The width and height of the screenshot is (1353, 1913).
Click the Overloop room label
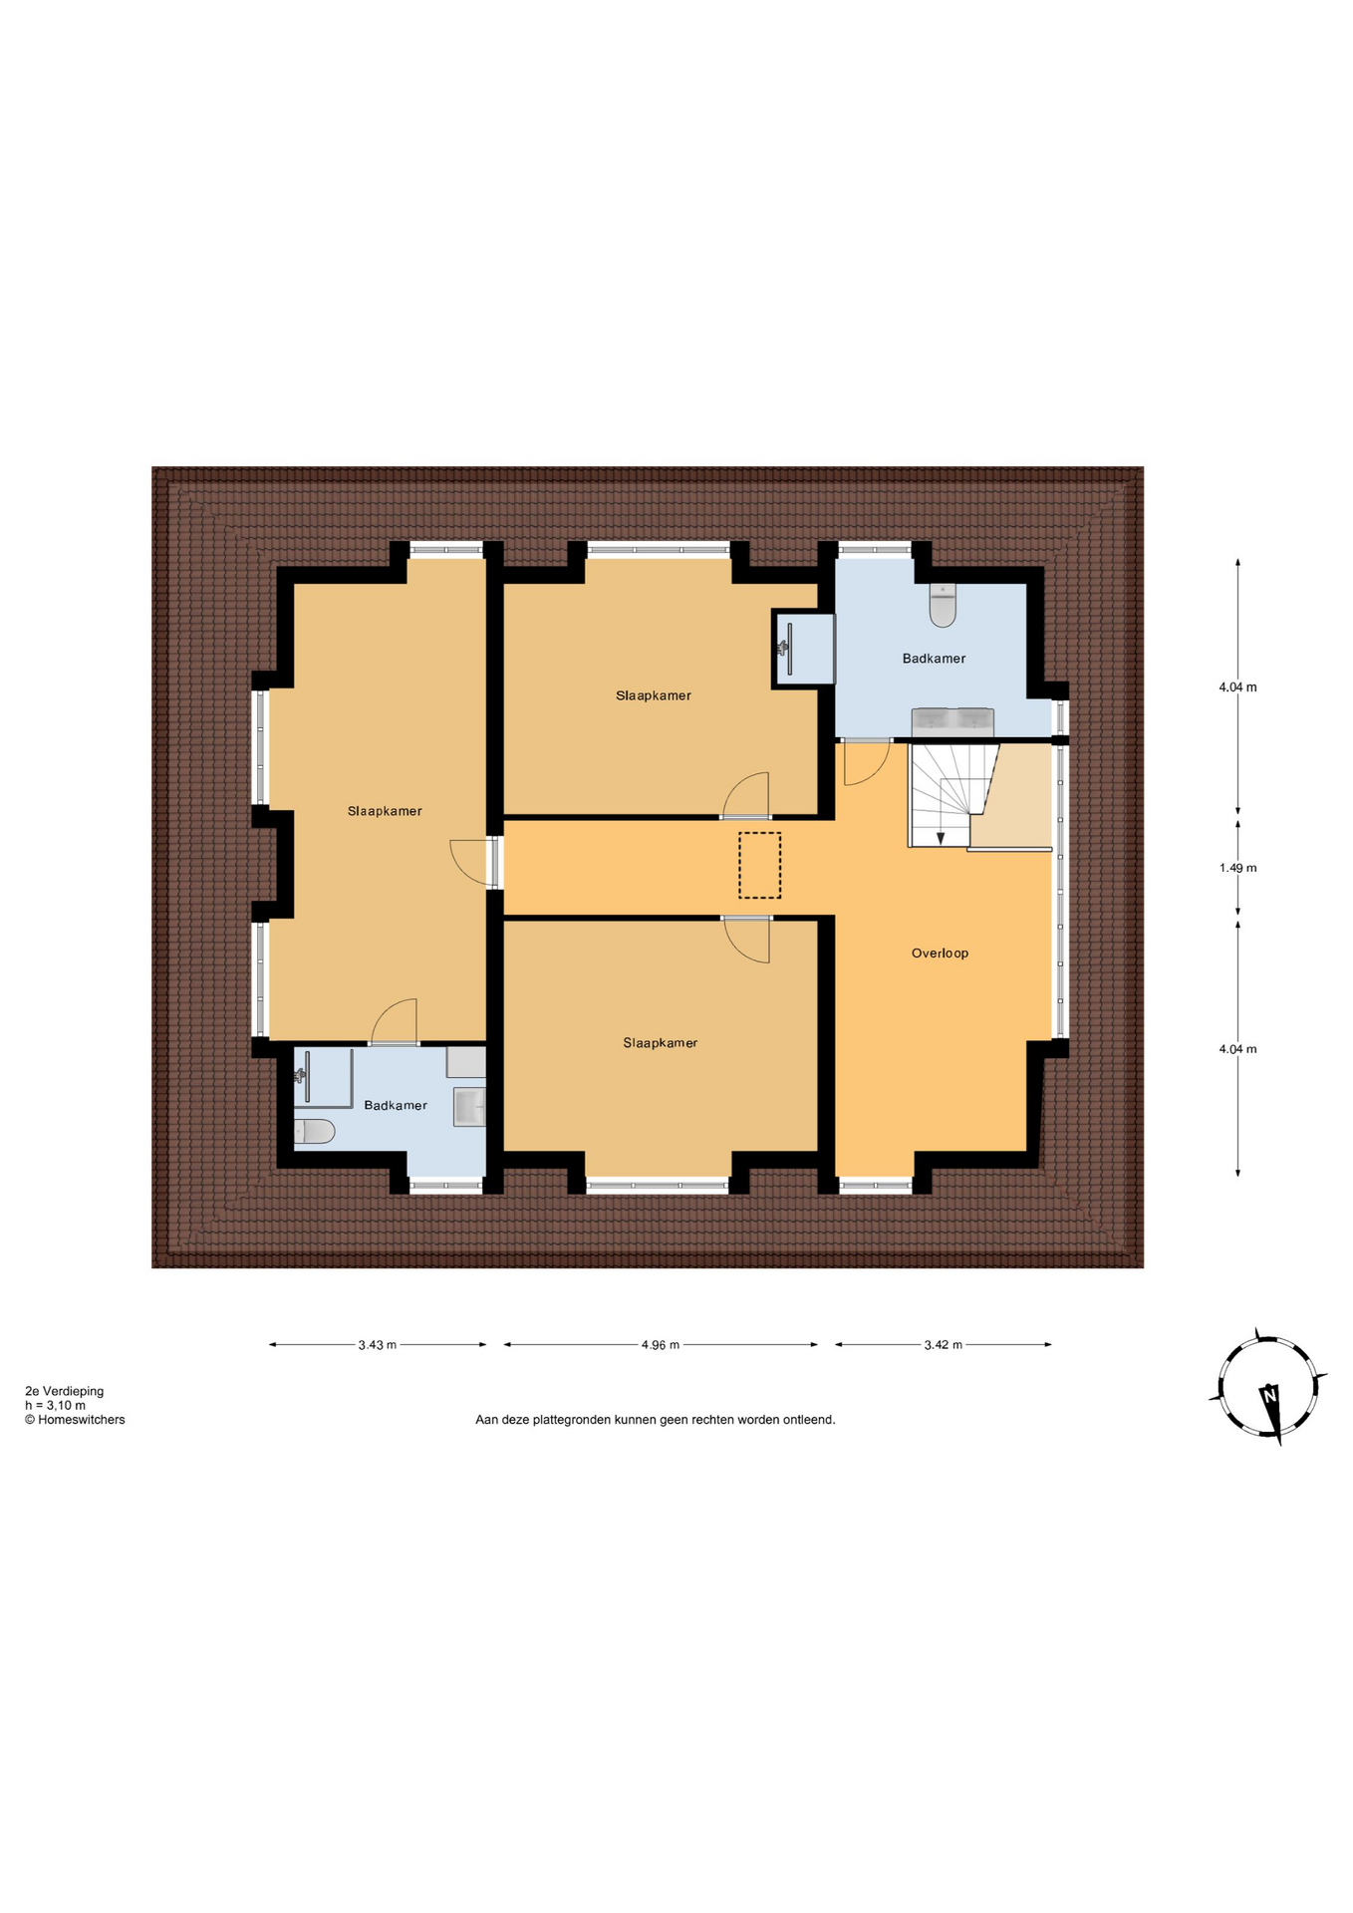coord(939,953)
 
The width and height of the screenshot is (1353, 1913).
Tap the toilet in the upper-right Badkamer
coord(942,605)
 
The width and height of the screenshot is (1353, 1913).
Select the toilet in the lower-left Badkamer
coord(314,1131)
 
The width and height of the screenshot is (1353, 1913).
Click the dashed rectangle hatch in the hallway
coord(759,865)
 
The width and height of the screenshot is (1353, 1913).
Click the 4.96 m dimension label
coord(660,1344)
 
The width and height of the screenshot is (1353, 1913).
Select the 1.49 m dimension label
coord(1236,868)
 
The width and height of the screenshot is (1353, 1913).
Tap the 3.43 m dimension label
coord(377,1344)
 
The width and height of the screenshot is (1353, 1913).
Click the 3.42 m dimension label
coord(943,1344)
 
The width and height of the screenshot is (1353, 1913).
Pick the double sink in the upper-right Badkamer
coord(951,721)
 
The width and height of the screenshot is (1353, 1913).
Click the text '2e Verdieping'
coord(64,1391)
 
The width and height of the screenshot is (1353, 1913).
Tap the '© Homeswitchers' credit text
coord(75,1420)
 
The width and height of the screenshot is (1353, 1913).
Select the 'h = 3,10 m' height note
coord(55,1405)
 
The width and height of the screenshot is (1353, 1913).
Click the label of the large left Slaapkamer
coord(385,811)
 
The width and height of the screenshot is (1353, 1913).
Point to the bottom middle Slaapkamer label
coord(660,1043)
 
